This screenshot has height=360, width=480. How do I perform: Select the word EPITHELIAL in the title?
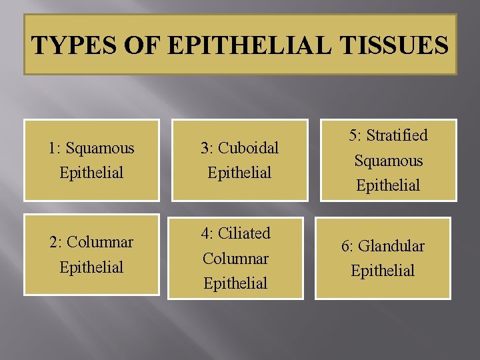point(242,45)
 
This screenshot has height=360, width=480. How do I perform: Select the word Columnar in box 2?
point(101,242)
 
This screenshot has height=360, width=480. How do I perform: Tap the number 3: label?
point(207,147)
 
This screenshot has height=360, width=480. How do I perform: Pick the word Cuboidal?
point(249,147)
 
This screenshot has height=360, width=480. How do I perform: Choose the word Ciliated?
point(245,233)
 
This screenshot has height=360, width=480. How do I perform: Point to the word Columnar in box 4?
point(235,258)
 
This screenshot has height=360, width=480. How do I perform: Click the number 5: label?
point(357,135)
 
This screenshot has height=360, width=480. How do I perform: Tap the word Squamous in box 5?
point(389,161)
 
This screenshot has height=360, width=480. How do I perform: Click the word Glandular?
point(391,246)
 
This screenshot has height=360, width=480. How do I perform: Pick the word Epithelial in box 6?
point(383,271)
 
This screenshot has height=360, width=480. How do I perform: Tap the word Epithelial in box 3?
point(239,173)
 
